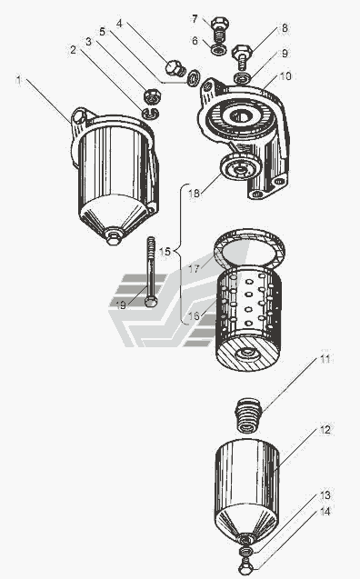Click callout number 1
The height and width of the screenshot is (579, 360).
pos(18,79)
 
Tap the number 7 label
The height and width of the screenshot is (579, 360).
pos(195,18)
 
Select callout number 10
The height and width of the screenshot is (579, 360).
pos(285,76)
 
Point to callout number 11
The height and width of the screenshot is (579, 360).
pos(325,359)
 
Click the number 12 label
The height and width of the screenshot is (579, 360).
pos(325,429)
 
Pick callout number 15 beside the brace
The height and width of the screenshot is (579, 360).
pos(165,252)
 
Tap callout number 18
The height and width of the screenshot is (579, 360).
pos(194,193)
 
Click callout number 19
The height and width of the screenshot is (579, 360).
pos(121,305)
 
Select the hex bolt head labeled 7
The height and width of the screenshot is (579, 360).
pos(220,23)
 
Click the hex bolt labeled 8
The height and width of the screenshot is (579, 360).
pos(242,56)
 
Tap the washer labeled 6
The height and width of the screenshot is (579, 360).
pos(219,49)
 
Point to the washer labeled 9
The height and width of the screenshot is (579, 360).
pos(242,78)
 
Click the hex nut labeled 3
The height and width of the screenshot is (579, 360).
pos(152,95)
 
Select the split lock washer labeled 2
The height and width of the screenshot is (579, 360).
pos(150,113)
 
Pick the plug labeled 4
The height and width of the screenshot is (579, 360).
pos(175,68)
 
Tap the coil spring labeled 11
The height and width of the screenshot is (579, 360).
pos(248,415)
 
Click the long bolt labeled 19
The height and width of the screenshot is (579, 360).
pos(151,272)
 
